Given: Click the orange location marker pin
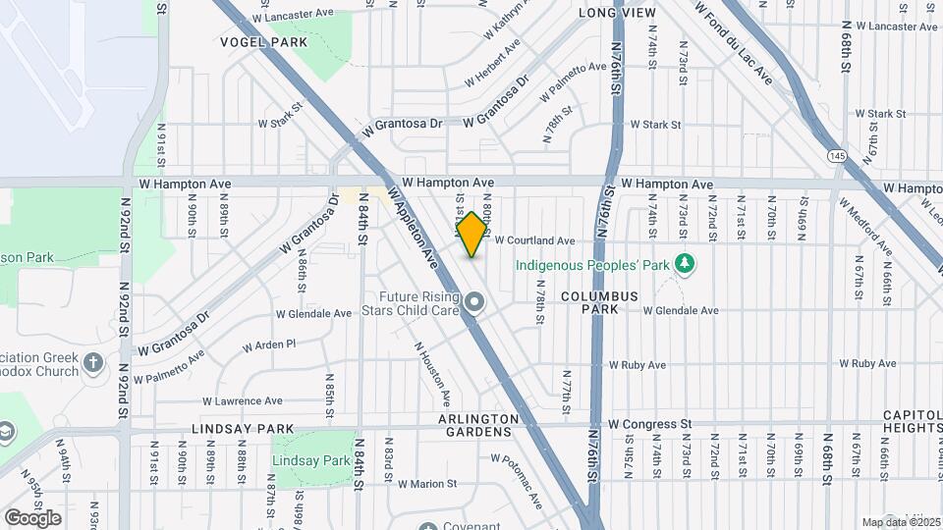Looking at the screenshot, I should (x=472, y=235).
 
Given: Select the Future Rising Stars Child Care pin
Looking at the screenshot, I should (x=474, y=302).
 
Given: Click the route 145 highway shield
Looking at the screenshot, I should (x=837, y=156).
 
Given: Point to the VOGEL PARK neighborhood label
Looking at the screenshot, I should (x=263, y=42).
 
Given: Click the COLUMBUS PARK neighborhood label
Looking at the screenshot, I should (x=600, y=302).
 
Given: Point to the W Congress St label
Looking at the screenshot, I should (x=649, y=424).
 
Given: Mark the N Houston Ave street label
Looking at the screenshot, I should (x=432, y=374).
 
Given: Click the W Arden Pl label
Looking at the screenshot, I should (x=269, y=344).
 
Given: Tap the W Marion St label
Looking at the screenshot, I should (x=427, y=484).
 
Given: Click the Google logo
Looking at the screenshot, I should (x=32, y=517).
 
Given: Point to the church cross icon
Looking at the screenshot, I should (x=93, y=363).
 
